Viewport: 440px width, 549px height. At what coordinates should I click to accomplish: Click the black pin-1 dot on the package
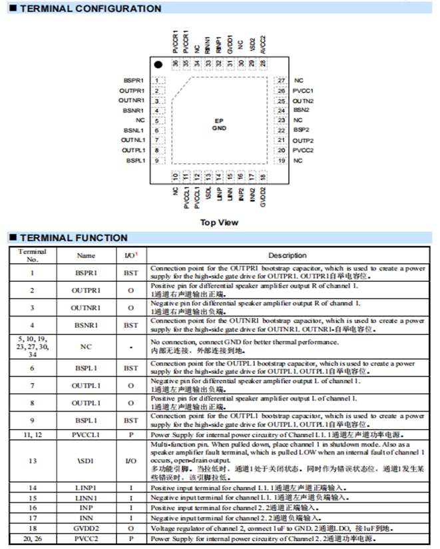click(158, 65)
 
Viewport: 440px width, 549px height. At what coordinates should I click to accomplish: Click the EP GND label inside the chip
click(219, 124)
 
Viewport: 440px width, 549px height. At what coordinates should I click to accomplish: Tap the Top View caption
click(219, 222)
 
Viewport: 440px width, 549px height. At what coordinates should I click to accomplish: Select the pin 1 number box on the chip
click(156, 80)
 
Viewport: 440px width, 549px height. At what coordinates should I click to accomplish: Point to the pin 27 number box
click(282, 80)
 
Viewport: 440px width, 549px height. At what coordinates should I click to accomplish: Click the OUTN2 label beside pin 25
click(303, 101)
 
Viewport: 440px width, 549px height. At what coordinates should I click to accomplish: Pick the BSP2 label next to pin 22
click(302, 131)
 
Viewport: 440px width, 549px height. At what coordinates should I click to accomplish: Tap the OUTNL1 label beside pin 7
click(132, 141)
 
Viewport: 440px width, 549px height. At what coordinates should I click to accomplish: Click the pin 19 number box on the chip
click(282, 161)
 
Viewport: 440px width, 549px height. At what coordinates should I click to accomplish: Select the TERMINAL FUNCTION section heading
click(73, 238)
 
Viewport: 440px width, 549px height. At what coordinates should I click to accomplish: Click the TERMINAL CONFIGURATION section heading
click(90, 9)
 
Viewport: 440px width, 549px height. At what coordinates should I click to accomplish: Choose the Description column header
click(288, 255)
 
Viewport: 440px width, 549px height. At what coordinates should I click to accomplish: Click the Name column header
click(86, 255)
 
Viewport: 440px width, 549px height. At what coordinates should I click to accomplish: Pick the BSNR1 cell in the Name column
click(86, 325)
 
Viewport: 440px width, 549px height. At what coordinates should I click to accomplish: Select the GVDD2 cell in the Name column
click(86, 528)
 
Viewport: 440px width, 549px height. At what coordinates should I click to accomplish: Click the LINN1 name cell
click(86, 498)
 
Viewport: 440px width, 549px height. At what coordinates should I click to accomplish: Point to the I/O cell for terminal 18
click(130, 528)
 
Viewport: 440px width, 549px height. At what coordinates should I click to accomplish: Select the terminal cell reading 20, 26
click(33, 538)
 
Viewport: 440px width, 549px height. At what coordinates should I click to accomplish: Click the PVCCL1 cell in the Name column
click(86, 434)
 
